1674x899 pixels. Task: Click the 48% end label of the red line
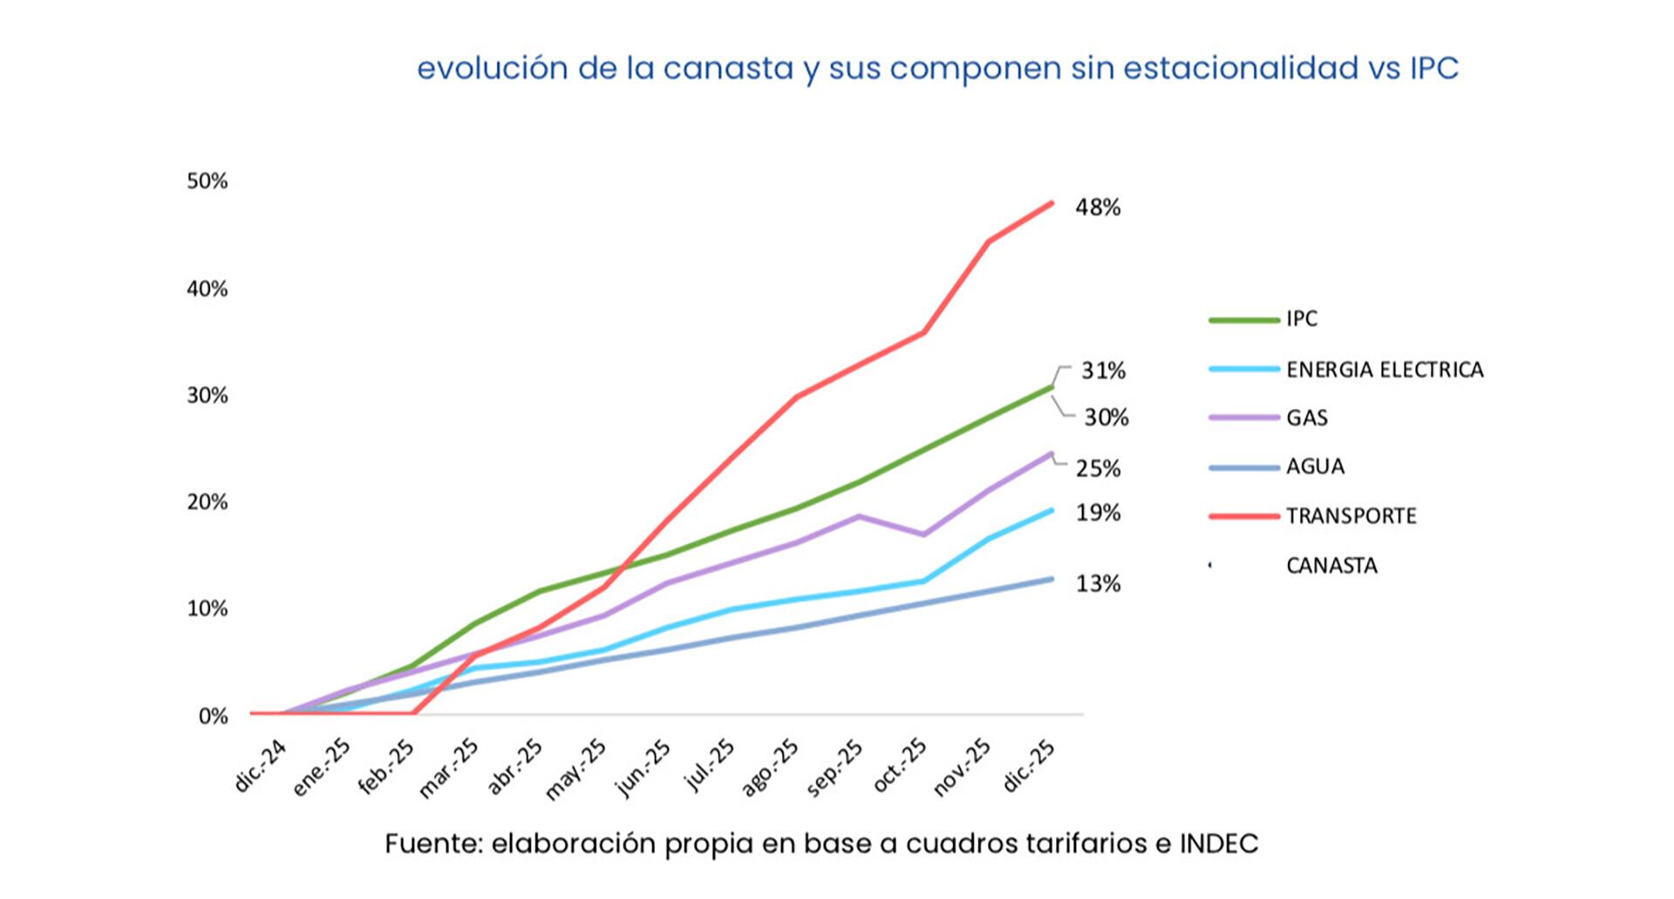tap(1098, 208)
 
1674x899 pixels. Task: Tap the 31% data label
tap(1103, 371)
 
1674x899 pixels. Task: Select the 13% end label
tap(1098, 584)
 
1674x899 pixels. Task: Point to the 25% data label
tap(1098, 469)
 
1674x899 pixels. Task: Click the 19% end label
tap(1098, 513)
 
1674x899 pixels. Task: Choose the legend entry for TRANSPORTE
tap(1351, 516)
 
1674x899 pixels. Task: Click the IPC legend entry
tap(1301, 319)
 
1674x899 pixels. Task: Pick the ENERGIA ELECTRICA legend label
tap(1384, 370)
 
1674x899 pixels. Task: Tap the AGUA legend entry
tap(1315, 467)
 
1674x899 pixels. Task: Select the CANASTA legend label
tap(1331, 566)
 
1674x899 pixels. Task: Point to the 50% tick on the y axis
tap(207, 181)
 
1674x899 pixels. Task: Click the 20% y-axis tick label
tap(207, 502)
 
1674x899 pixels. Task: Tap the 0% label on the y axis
tap(213, 717)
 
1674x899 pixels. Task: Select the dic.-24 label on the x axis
tap(260, 766)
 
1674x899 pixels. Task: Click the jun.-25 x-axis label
tap(643, 768)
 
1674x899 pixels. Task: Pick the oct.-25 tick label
tap(900, 766)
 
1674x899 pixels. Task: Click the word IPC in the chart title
tap(1433, 68)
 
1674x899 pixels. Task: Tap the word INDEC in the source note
tap(1218, 843)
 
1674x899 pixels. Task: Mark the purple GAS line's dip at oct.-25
tap(923, 535)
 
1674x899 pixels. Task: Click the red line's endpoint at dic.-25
tap(1051, 203)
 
